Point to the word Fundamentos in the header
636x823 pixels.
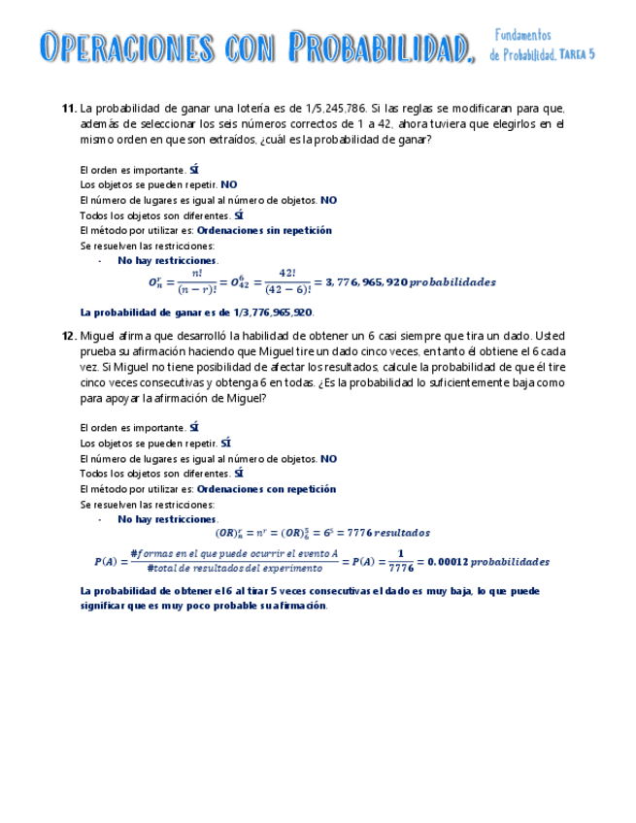click(523, 36)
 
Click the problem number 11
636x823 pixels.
click(68, 109)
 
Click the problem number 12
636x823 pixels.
click(68, 335)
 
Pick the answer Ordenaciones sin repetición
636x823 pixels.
click(264, 231)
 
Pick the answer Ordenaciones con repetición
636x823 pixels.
click(266, 489)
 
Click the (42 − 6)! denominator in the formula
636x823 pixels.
click(287, 289)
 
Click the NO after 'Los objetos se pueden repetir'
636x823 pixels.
click(229, 184)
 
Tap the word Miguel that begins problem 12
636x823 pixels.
click(96, 335)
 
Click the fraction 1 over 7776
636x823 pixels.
click(401, 562)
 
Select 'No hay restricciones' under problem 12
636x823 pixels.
click(167, 519)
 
